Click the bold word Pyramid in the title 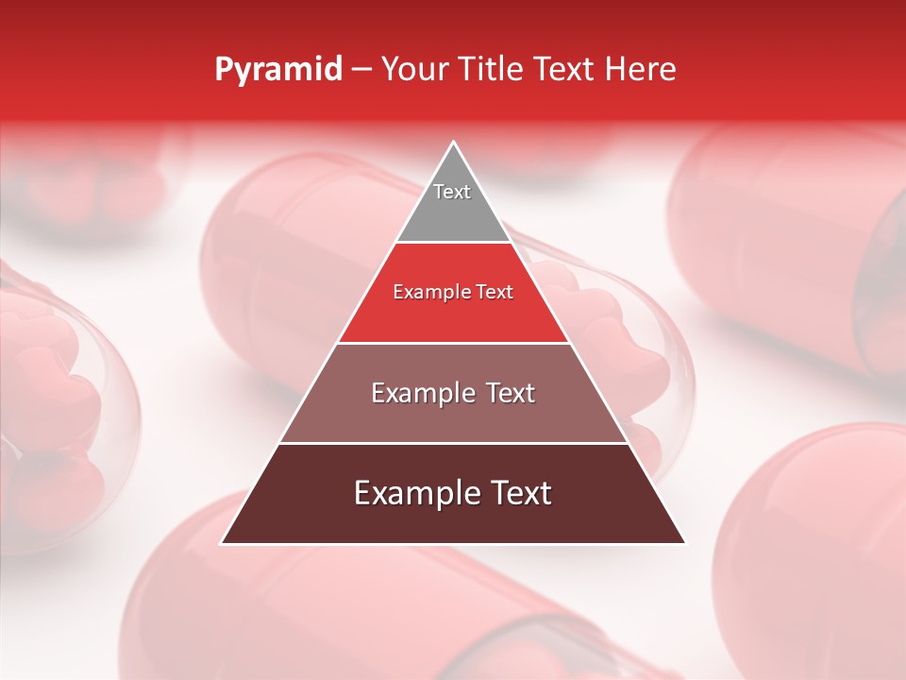(277, 70)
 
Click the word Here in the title (643, 70)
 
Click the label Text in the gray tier (452, 192)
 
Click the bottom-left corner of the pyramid (222, 543)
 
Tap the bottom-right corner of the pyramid (685, 543)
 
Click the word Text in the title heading (564, 70)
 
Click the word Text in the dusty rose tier (507, 393)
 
